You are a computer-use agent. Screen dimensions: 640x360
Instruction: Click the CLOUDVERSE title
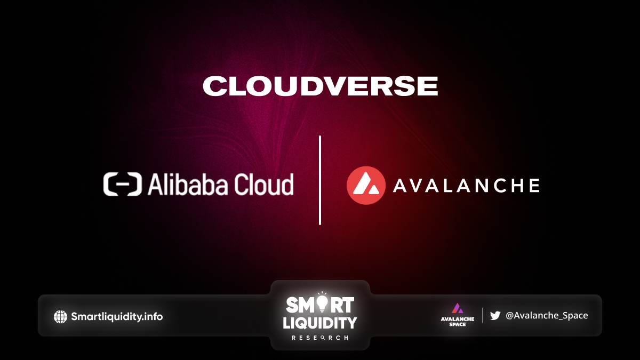click(321, 86)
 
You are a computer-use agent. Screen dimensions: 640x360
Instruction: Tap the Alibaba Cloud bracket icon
click(123, 185)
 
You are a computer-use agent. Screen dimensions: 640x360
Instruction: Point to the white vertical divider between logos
click(319, 180)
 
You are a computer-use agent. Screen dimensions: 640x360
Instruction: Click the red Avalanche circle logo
click(366, 185)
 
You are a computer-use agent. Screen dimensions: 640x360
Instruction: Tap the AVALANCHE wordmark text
click(466, 186)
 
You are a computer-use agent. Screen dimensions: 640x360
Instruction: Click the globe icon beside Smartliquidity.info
click(61, 317)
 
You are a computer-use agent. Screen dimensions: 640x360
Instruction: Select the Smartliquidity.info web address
click(117, 317)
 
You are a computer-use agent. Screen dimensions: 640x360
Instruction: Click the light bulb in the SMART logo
click(322, 303)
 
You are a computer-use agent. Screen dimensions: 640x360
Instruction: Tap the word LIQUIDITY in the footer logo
click(319, 323)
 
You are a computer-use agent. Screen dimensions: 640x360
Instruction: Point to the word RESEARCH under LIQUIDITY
click(319, 338)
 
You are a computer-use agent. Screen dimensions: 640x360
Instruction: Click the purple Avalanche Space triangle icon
click(458, 309)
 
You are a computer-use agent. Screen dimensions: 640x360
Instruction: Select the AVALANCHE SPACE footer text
click(458, 322)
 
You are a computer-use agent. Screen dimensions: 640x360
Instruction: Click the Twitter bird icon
click(495, 315)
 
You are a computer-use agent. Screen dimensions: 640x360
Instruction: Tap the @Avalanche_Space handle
click(547, 315)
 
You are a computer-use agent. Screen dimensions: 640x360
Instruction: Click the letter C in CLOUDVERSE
click(213, 86)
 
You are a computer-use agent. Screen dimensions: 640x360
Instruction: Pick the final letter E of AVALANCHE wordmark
click(534, 186)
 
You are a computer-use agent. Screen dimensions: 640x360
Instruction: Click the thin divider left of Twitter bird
click(482, 315)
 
